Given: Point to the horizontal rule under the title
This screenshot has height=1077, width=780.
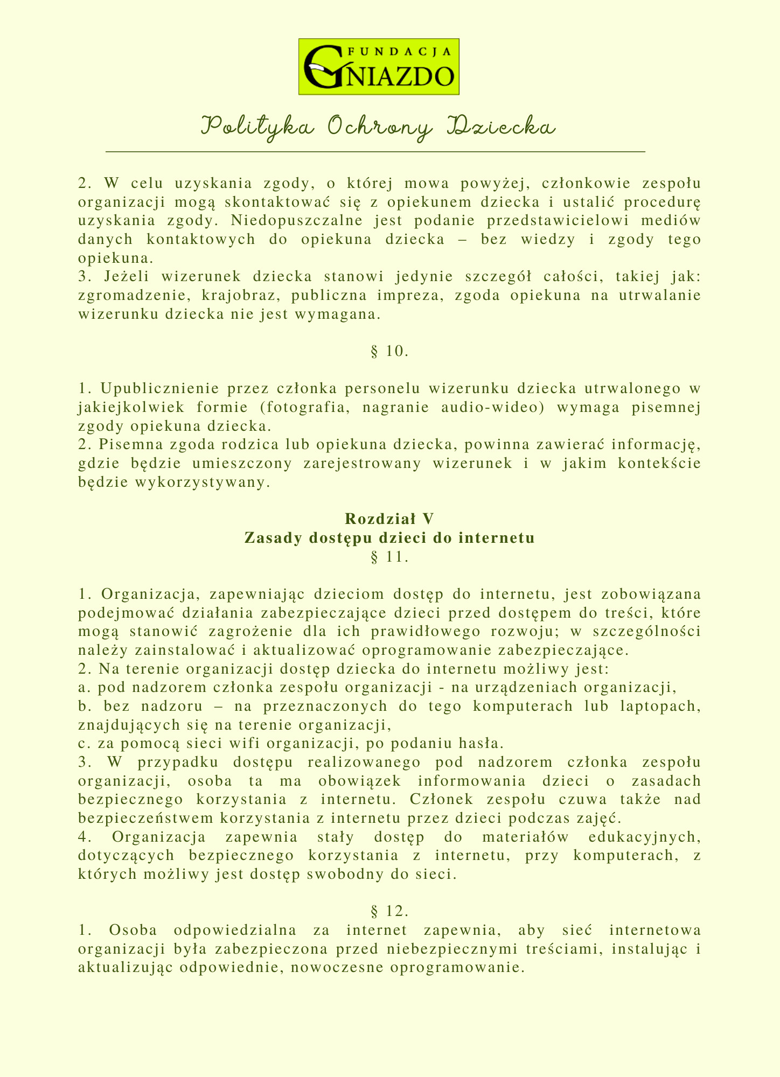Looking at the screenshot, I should [375, 152].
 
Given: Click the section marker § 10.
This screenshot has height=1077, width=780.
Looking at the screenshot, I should [389, 352].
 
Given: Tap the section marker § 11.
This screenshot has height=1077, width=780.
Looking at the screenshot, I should [389, 557].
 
